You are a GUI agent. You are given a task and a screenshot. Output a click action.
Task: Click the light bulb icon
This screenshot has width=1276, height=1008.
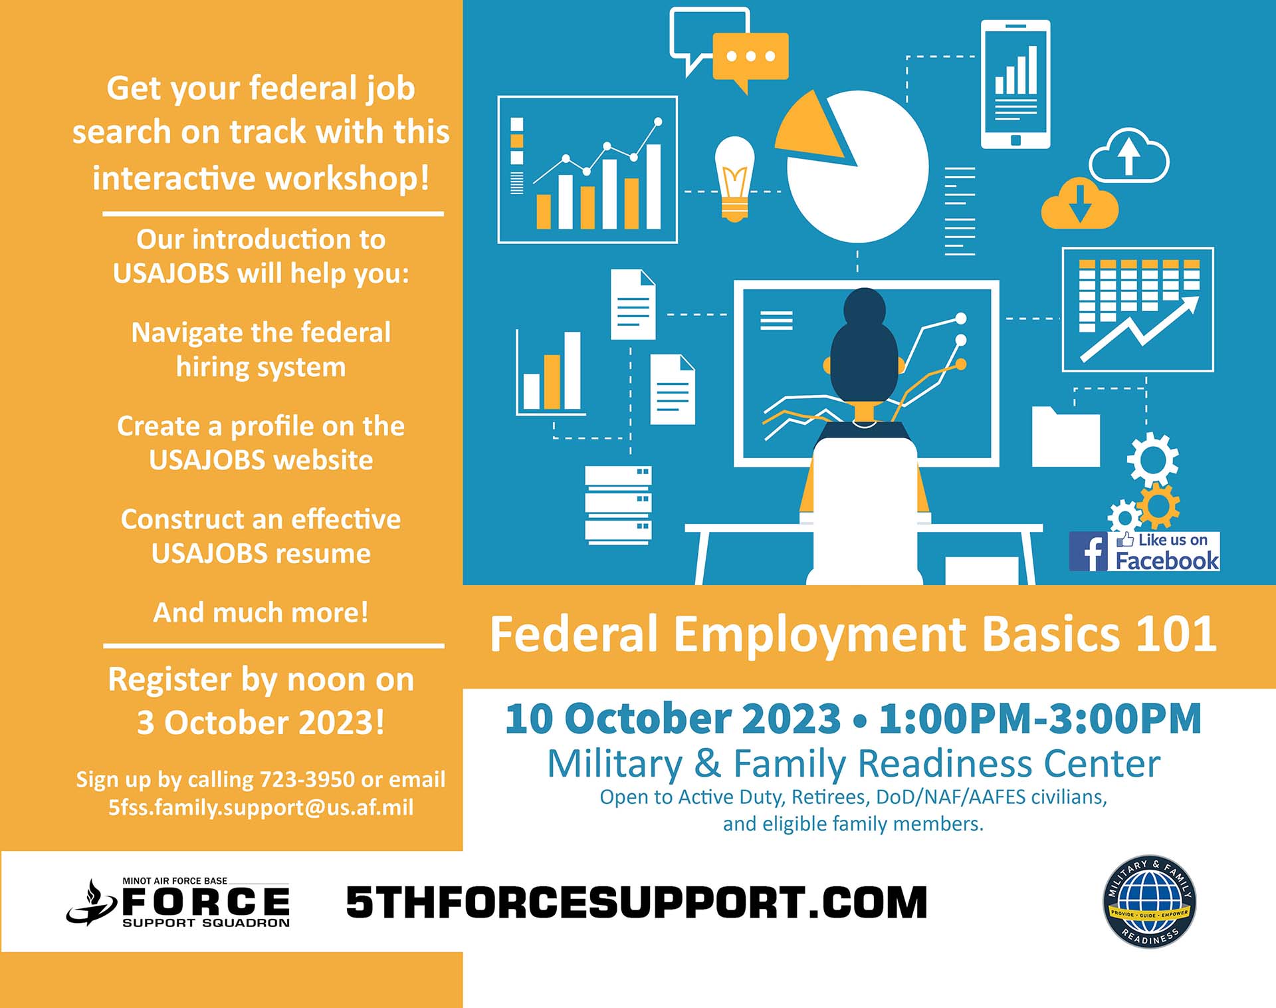coord(734,179)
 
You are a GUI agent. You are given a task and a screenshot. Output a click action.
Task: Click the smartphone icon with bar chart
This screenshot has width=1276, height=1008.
coord(1015,84)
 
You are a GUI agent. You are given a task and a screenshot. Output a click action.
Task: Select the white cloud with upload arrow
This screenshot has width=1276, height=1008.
coord(1129,156)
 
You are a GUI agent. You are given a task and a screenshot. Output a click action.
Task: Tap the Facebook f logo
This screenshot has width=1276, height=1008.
coord(1088,551)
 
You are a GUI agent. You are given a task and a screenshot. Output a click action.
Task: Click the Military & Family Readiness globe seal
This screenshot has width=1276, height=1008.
coord(1149,902)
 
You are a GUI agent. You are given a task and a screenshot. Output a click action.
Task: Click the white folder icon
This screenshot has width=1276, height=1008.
coord(1065,437)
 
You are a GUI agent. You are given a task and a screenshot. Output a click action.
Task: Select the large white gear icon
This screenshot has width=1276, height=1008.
coord(1153,459)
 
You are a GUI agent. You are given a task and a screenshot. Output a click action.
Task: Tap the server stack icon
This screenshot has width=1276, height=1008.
coord(618,504)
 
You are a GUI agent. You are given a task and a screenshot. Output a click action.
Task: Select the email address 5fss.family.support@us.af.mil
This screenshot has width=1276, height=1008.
coord(261,807)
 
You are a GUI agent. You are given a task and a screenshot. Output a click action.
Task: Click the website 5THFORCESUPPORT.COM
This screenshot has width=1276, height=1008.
coord(637,902)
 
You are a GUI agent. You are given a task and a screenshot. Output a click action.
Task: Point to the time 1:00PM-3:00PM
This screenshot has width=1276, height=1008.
coord(1040,718)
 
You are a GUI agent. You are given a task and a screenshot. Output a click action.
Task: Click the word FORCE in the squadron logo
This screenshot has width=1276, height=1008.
coord(206,902)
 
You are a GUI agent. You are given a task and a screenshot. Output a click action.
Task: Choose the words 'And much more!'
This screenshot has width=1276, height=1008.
coord(261,612)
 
